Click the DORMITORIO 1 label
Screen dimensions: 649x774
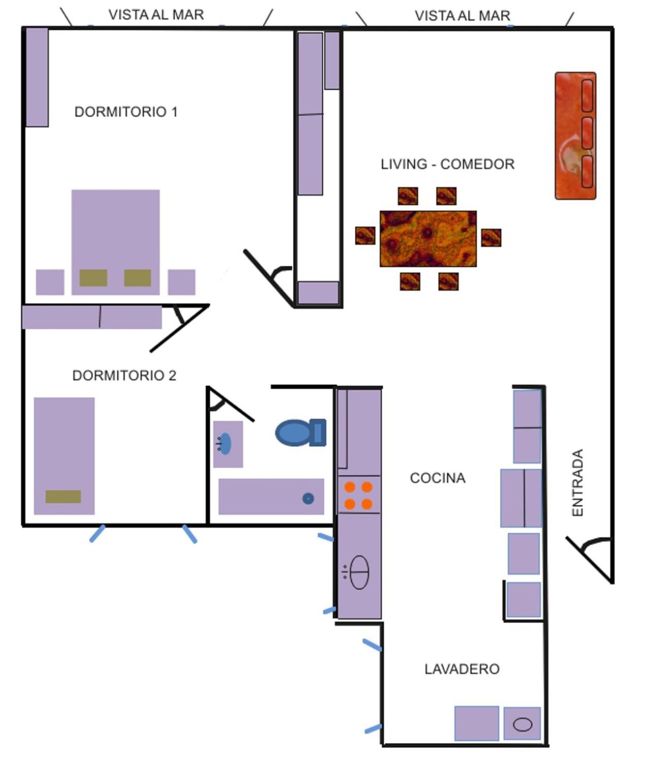(126, 112)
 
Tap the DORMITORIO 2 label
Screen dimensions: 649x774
(124, 375)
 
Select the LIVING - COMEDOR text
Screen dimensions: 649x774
(447, 164)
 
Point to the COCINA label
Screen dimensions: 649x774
(438, 478)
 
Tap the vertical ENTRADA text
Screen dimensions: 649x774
(578, 482)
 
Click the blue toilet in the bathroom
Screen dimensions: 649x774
(301, 432)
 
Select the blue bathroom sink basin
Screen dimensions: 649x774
(225, 443)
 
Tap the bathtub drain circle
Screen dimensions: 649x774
(308, 499)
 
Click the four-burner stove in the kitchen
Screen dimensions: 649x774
(359, 495)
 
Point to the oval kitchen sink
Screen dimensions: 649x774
(359, 572)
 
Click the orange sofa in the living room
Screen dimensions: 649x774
(575, 135)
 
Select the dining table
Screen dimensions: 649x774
(428, 239)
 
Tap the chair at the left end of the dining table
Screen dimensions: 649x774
(365, 236)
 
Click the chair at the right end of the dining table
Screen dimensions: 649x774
(491, 237)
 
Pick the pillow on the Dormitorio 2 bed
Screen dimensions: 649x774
(63, 497)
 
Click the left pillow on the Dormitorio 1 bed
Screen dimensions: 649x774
(93, 277)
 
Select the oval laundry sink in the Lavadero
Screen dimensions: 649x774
(522, 724)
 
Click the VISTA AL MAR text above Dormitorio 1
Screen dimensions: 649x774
(156, 15)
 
